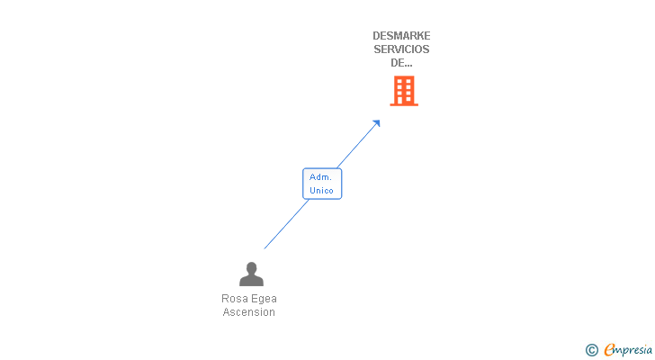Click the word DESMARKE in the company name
401,36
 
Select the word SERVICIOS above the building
401,49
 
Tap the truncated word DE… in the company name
401,63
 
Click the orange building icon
404,90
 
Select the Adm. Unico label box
322,184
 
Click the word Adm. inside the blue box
321,177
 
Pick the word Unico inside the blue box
321,191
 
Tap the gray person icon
251,274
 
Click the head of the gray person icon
251,267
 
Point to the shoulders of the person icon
251,281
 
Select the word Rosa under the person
234,298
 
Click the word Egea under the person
264,298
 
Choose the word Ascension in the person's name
249,312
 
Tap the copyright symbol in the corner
592,350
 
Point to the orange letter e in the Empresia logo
610,350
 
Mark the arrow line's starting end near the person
265,247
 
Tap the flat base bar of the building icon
404,104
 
